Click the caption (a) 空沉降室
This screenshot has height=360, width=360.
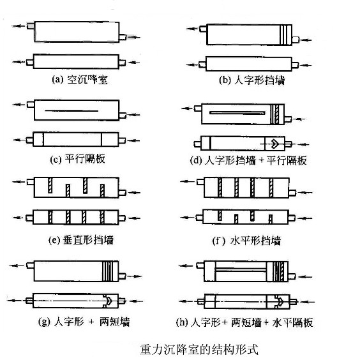(80, 80)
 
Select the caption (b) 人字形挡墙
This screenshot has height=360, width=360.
(252, 80)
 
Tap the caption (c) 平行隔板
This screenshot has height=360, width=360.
(78, 159)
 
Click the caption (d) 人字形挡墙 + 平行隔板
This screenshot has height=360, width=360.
(248, 160)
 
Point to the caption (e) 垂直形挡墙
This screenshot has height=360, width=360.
(81, 240)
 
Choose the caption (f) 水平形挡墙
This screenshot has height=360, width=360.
(246, 241)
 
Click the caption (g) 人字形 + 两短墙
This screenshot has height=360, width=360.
(84, 322)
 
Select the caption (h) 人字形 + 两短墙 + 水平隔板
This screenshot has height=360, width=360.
(244, 322)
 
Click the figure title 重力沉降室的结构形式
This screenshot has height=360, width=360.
(199, 349)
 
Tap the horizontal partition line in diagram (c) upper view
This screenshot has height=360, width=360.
(71, 111)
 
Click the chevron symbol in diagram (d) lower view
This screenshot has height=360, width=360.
(275, 144)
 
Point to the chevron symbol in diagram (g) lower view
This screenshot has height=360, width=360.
(108, 301)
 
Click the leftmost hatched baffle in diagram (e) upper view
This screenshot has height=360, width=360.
(50, 185)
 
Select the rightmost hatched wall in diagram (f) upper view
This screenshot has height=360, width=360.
(271, 188)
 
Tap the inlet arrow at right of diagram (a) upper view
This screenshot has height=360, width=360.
(133, 37)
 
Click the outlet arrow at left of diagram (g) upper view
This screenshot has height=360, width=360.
(17, 266)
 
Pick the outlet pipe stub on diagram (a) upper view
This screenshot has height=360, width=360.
(31, 26)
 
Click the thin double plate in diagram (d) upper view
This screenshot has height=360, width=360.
(237, 113)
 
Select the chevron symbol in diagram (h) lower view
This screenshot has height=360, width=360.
(280, 301)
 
